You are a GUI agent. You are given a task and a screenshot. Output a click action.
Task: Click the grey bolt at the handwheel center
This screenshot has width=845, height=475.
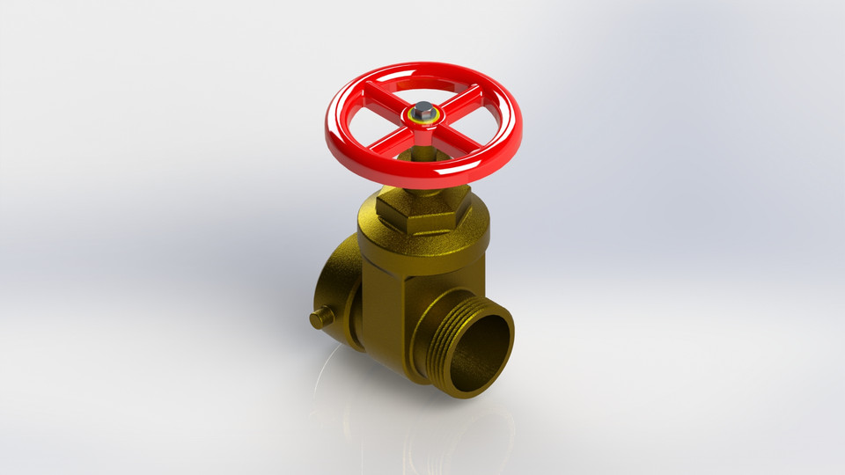(423, 111)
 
